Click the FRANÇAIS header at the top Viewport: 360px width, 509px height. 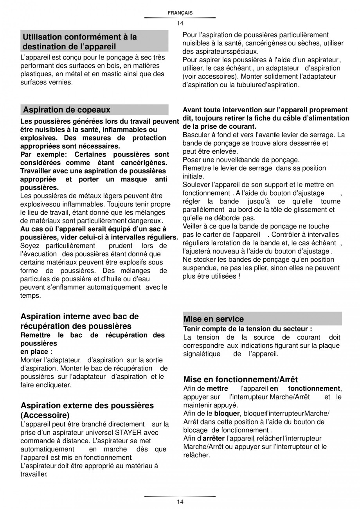point(180,13)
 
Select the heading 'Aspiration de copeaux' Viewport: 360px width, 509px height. point(67,110)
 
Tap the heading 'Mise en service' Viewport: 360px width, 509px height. point(213,319)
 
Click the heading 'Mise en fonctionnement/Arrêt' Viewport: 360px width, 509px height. point(240,380)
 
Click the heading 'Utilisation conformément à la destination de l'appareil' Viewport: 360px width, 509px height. point(80,42)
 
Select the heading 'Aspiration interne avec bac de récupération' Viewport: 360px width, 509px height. point(79,321)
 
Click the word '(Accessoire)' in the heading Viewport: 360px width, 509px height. point(45,415)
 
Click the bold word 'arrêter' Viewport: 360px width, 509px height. point(213,438)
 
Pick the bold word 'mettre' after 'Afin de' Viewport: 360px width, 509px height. point(217,388)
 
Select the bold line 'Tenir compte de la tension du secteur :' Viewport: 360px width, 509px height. point(247,329)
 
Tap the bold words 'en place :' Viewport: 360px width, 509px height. point(36,352)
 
